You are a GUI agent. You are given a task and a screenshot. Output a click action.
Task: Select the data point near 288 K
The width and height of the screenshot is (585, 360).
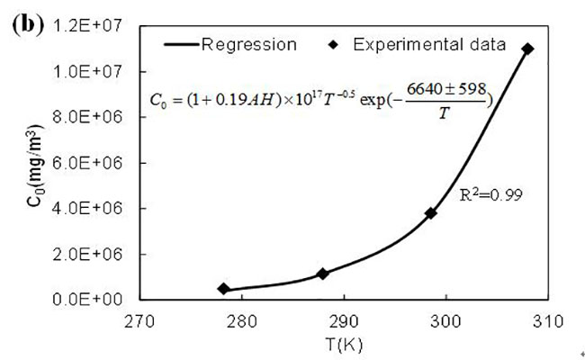click(322, 273)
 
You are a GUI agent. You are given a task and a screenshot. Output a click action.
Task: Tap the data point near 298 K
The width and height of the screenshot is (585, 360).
click(431, 213)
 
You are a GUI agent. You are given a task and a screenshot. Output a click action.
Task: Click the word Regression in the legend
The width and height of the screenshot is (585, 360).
click(248, 43)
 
